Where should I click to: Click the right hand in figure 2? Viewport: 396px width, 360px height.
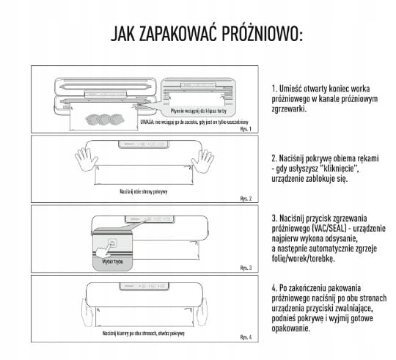(201, 160)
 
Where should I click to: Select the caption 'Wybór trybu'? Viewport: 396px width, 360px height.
(107, 261)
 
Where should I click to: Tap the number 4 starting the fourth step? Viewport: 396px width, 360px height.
(272, 288)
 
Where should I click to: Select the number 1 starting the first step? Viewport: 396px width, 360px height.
(272, 88)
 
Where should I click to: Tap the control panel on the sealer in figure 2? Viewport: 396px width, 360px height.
(144, 144)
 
